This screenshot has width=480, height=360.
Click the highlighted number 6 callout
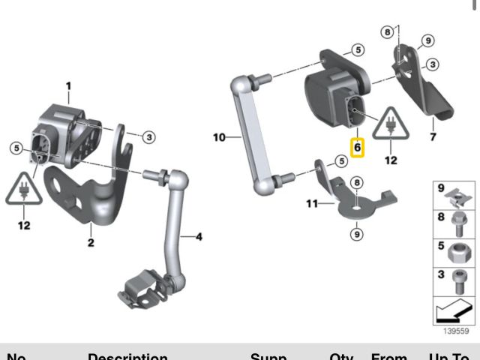point(358,147)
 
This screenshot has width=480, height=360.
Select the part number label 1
point(68,87)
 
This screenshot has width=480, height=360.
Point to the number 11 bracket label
point(312,202)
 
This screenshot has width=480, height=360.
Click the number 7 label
point(433,138)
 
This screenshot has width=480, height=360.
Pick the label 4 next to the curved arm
point(199,238)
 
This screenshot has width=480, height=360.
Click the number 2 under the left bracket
point(91,242)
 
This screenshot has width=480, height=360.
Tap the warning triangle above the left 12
point(25,190)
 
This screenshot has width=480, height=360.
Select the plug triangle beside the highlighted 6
point(390,124)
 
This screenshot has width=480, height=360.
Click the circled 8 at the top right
point(387,31)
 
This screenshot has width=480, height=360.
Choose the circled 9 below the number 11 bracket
point(356,234)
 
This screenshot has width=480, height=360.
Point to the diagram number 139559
point(455,331)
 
